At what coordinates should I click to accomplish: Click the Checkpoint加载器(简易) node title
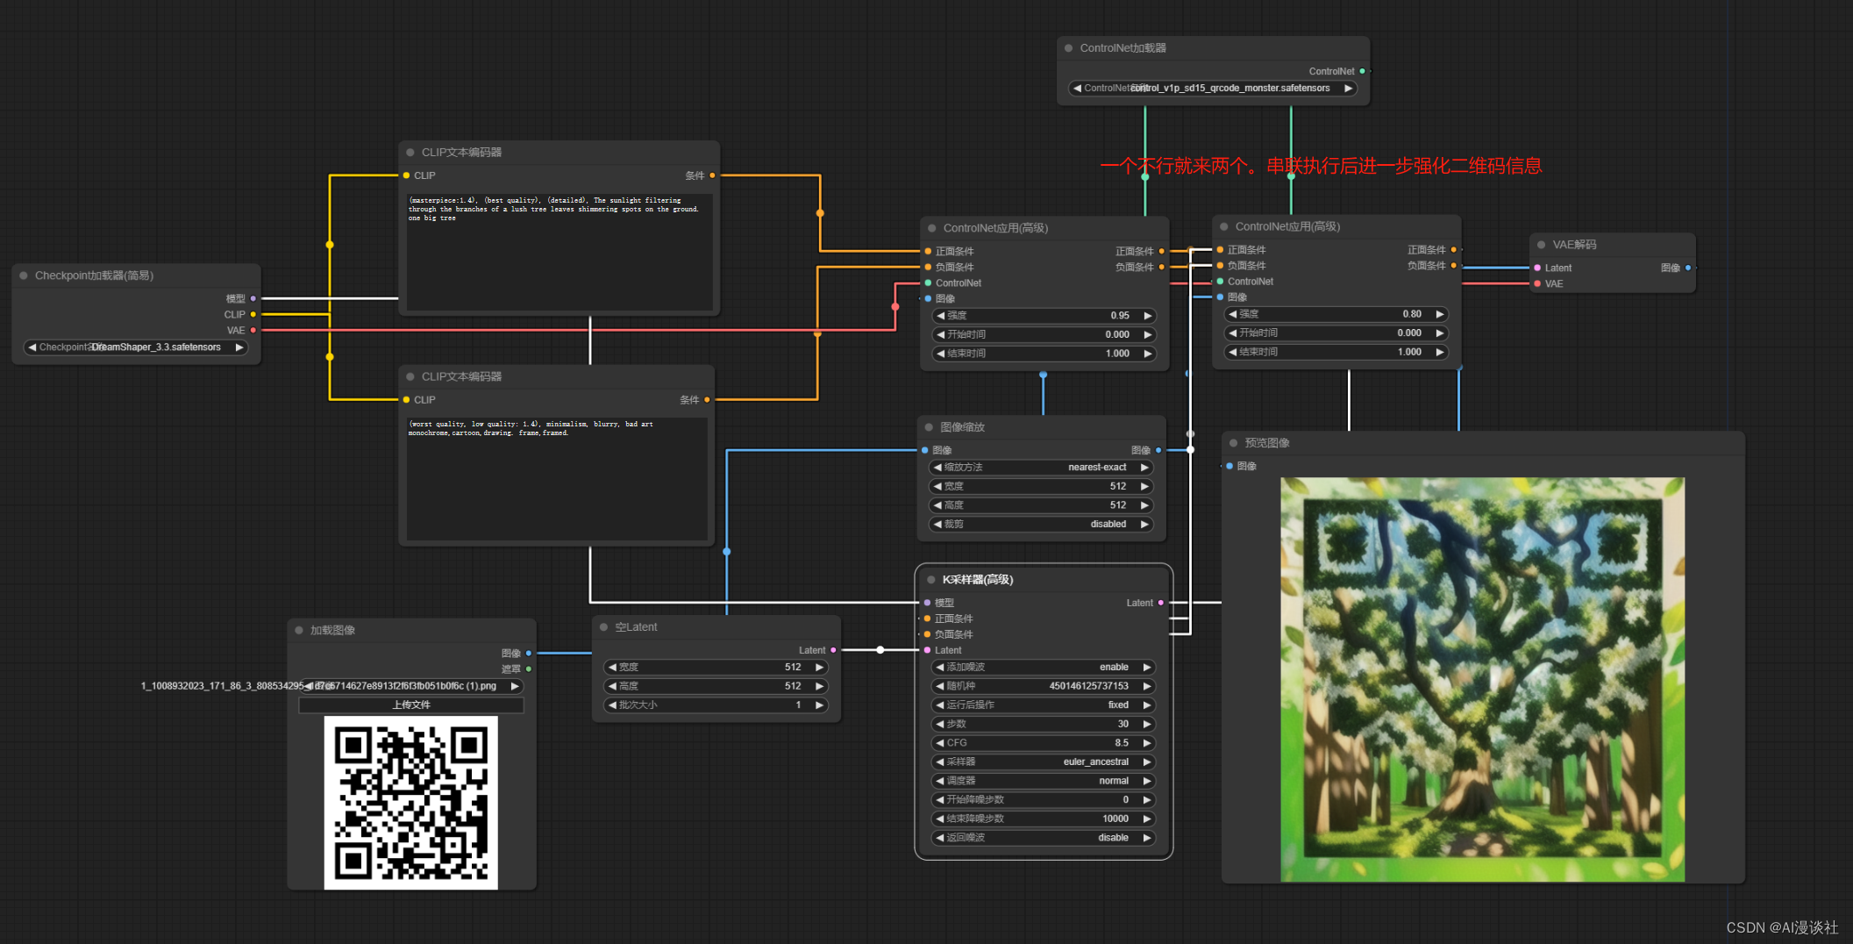(94, 275)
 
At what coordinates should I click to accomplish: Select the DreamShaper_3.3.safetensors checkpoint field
(136, 347)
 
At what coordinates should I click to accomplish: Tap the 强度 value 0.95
(1119, 316)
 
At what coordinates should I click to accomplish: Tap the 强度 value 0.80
(1411, 314)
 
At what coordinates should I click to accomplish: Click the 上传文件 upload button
(411, 705)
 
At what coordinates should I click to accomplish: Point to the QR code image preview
(411, 802)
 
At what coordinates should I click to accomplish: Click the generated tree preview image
(1482, 679)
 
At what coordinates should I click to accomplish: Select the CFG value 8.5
(1121, 743)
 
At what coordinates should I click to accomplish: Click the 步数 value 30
(1122, 725)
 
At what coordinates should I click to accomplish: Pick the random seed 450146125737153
(1088, 686)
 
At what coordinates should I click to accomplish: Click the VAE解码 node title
(1574, 245)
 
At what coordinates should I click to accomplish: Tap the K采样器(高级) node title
(978, 580)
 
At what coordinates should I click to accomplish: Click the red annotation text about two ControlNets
(1320, 166)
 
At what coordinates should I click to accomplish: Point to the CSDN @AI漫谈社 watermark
(1781, 927)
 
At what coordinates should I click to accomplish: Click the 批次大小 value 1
(797, 705)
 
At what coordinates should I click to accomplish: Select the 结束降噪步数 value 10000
(1115, 819)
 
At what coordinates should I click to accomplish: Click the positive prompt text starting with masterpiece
(552, 209)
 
